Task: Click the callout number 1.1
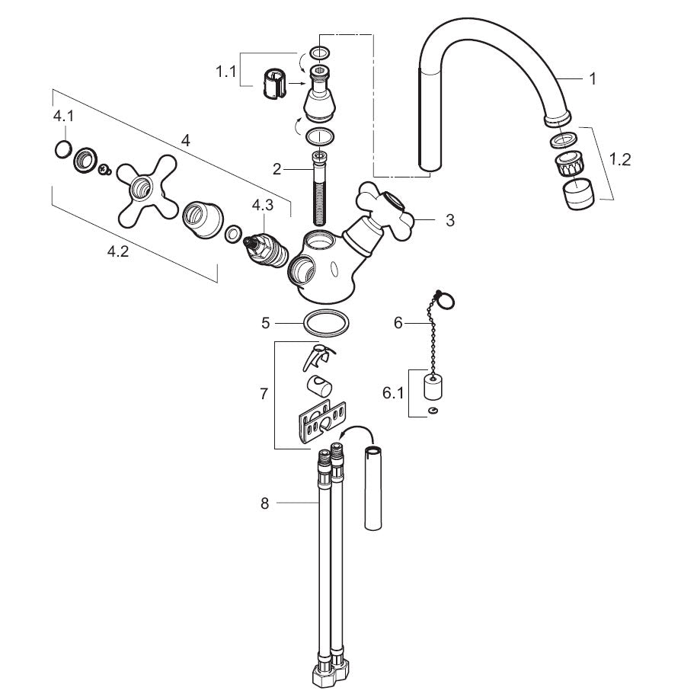[x=225, y=71]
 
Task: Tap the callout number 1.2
[x=619, y=159]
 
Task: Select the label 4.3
[x=263, y=206]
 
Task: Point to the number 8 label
[x=264, y=504]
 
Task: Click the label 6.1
[x=393, y=393]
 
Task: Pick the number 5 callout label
[x=265, y=323]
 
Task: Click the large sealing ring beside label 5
[x=326, y=323]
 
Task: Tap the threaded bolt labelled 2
[x=320, y=188]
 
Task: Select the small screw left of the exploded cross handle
[x=105, y=169]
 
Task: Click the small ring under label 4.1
[x=63, y=149]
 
